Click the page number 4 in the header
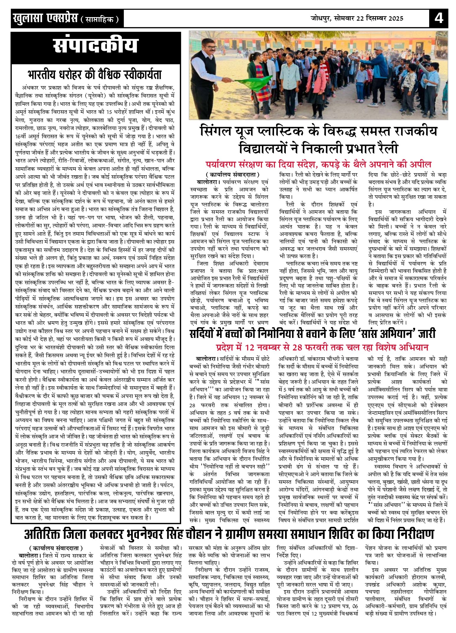439,18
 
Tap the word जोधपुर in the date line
321,18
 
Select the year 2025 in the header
394,18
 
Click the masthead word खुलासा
28,19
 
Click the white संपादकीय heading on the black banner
96,47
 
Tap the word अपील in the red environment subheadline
422,164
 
